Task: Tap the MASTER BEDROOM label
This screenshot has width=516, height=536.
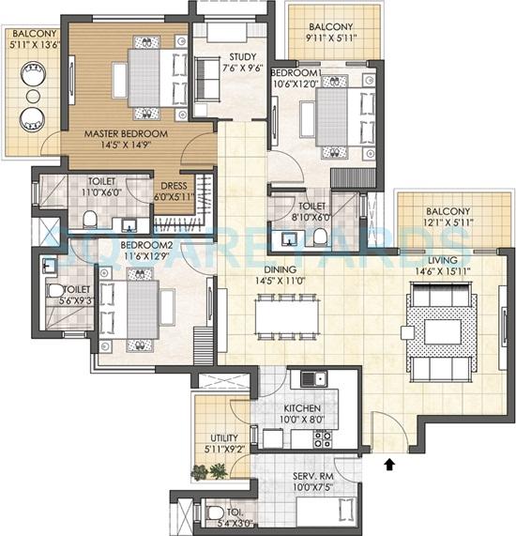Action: click(x=125, y=134)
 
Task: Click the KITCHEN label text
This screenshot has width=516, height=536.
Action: click(x=303, y=409)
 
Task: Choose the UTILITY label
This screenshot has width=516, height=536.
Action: click(x=223, y=437)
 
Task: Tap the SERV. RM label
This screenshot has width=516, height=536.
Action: click(x=310, y=476)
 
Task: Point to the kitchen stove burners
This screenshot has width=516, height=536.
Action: click(x=324, y=436)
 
